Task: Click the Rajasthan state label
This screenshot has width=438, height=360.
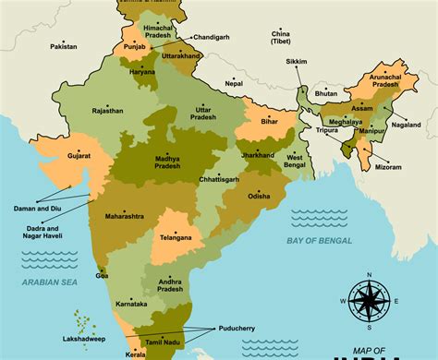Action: point(107,111)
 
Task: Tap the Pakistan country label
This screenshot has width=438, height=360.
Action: point(64,46)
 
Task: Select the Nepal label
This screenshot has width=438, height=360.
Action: point(235,83)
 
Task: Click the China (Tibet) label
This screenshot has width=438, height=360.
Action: point(285,37)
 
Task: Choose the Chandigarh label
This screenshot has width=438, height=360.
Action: point(212,39)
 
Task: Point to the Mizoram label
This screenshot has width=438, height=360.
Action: point(388,168)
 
